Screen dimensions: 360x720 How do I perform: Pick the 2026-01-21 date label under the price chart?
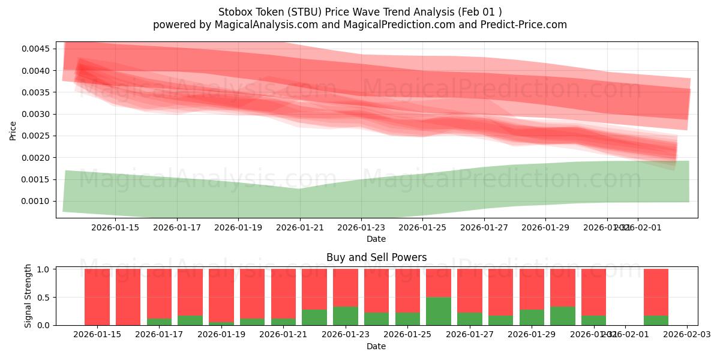[300, 227]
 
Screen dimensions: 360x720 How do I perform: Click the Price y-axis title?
[13, 131]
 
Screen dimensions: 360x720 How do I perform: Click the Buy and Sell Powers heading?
[376, 257]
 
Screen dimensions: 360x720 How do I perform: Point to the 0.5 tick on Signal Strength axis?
[44, 297]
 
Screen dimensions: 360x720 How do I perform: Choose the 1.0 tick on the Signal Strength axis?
[44, 269]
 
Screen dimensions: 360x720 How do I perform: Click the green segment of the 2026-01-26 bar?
[439, 311]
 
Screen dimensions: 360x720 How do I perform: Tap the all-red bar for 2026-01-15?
[97, 297]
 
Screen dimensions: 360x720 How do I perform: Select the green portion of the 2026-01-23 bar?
[346, 316]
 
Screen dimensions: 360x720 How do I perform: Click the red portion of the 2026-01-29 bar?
[532, 289]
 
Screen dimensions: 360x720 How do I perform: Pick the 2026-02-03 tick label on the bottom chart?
[686, 334]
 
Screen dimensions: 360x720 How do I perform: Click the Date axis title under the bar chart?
[376, 346]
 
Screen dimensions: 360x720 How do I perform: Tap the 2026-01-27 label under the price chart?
[484, 227]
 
